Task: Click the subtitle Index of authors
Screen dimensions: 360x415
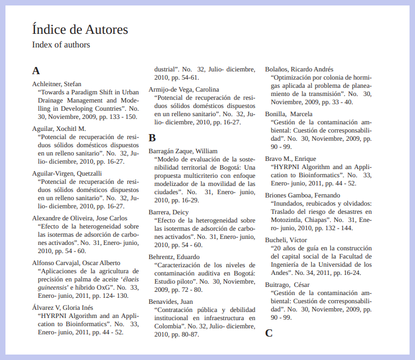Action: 61,45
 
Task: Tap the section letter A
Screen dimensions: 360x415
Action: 36,70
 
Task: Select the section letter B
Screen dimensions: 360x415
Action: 152,138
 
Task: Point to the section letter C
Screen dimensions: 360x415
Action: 269,333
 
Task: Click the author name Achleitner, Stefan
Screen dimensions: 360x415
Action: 57,83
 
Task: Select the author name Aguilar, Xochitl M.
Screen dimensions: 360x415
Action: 59,129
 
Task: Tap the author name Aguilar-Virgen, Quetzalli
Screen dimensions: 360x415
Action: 67,173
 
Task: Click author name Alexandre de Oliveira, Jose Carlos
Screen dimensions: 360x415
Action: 80,218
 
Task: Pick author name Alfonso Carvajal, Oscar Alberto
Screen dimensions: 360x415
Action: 76,263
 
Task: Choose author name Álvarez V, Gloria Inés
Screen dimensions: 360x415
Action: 63,308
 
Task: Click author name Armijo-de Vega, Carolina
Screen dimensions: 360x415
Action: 184,89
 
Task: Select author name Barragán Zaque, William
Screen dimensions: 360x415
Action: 183,151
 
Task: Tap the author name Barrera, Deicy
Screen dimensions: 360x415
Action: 169,212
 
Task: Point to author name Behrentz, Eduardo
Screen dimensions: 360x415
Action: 175,257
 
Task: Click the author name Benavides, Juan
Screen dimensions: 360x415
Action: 171,302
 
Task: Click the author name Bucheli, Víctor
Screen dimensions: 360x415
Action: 286,240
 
